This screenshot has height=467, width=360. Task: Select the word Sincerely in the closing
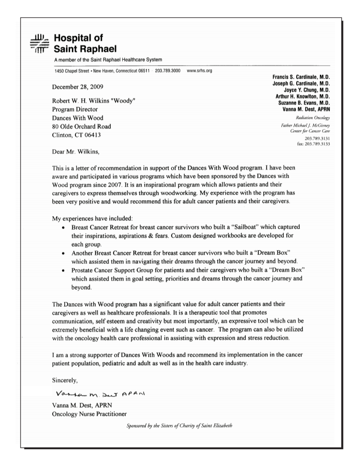[65, 380]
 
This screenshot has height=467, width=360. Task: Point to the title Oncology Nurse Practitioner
[89, 414]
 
